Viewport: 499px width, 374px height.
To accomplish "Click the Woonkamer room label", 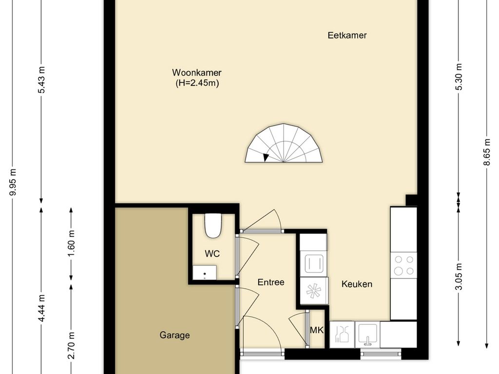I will pos(197,73).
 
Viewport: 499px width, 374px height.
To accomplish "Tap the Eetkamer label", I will pos(347,35).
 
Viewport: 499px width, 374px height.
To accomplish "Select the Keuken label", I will pos(357,284).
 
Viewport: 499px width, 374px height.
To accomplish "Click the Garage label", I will pos(174,335).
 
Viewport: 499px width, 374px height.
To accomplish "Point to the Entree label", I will pos(270,282).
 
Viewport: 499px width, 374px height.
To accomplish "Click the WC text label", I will pos(212,254).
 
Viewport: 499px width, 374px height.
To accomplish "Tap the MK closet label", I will pos(317,330).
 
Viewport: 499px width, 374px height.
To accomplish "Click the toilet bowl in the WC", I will pos(212,226).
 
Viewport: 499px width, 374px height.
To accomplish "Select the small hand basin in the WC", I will pos(205,273).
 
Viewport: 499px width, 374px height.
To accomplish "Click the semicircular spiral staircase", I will pos(284,144).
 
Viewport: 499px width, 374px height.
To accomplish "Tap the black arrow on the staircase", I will pos(266,157).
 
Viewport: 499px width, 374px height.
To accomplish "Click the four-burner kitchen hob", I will pos(403,265).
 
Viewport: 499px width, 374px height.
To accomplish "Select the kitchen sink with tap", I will pos(366,334).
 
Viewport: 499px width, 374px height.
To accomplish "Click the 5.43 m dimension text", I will pos(42,79).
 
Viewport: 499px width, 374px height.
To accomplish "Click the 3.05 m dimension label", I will pos(459,277).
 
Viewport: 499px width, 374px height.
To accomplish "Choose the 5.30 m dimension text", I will pos(459,77).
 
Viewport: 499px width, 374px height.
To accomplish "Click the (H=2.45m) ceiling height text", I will pos(197,83).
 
